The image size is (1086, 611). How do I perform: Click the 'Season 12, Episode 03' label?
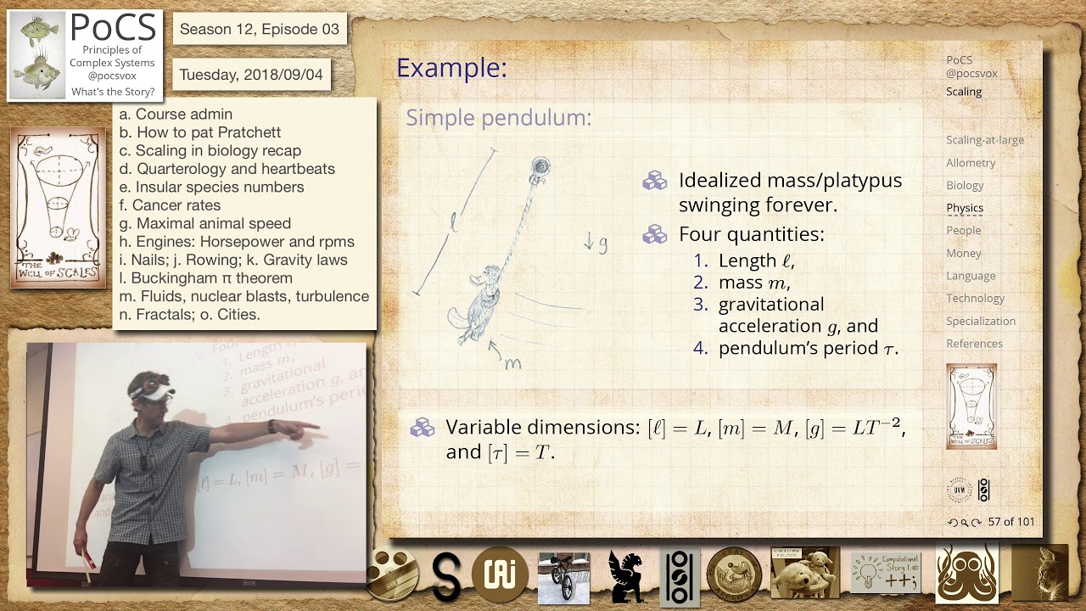point(259,30)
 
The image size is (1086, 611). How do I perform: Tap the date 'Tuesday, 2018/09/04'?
point(251,75)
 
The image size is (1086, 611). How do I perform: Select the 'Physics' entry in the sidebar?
point(965,208)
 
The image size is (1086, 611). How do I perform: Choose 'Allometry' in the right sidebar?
point(971,163)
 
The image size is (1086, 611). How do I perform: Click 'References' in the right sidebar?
point(974,344)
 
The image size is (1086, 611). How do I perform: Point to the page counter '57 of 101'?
point(1011,522)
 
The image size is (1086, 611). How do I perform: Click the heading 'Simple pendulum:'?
point(499,118)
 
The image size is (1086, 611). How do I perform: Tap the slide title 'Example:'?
point(451,68)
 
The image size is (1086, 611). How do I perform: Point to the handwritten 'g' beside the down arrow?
point(603,244)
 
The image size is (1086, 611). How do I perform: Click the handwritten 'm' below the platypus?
point(512,363)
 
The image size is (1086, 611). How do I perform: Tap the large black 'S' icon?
point(446,577)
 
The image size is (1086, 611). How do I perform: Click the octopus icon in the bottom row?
point(966,575)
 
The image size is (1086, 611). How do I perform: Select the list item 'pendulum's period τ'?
point(807,348)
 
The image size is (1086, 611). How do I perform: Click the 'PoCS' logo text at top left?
point(113,28)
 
